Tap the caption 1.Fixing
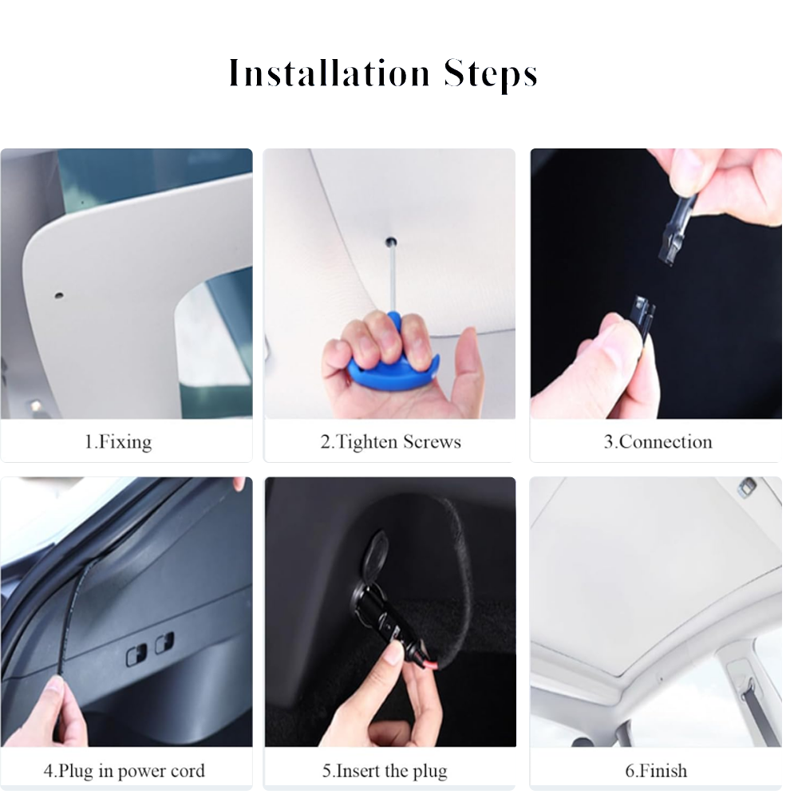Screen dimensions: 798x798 click(x=118, y=442)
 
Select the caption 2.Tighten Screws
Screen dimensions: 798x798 click(x=390, y=442)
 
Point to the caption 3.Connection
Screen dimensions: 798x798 click(x=658, y=442)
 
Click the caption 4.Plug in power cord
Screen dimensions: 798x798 click(x=124, y=771)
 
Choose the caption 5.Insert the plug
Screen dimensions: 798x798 click(x=385, y=771)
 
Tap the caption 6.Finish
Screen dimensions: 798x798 click(x=655, y=771)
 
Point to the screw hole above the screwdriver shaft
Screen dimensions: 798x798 click(x=391, y=241)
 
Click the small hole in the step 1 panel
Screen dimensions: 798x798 click(x=59, y=295)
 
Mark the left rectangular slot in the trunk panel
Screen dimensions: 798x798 click(x=136, y=654)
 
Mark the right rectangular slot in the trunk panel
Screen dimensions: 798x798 click(x=164, y=642)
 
